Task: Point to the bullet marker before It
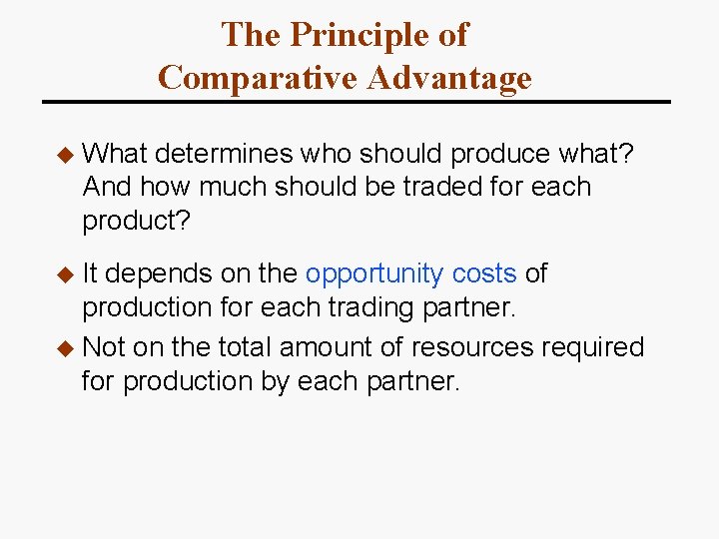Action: pos(66,273)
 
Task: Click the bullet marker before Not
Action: pos(66,347)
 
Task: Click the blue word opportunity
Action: pos(374,273)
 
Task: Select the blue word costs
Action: pos(484,273)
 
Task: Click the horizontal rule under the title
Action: pos(357,102)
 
